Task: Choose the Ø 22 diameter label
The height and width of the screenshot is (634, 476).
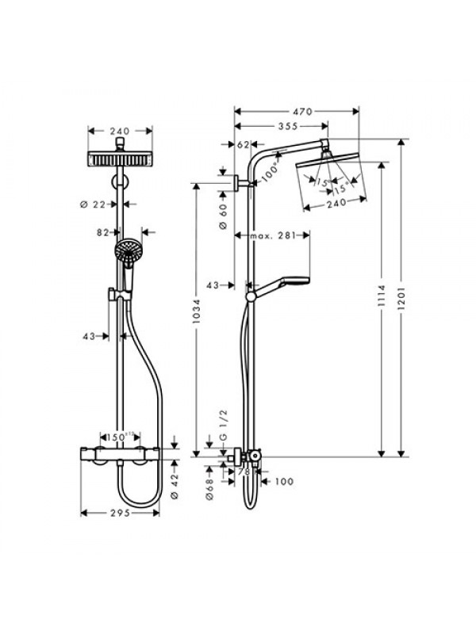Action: point(94,204)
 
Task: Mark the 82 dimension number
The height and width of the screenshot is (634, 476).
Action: point(102,233)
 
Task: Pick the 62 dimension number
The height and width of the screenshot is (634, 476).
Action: point(243,144)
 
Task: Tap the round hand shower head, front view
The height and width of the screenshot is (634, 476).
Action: point(126,253)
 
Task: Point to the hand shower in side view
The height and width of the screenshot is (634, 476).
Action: point(282,283)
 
